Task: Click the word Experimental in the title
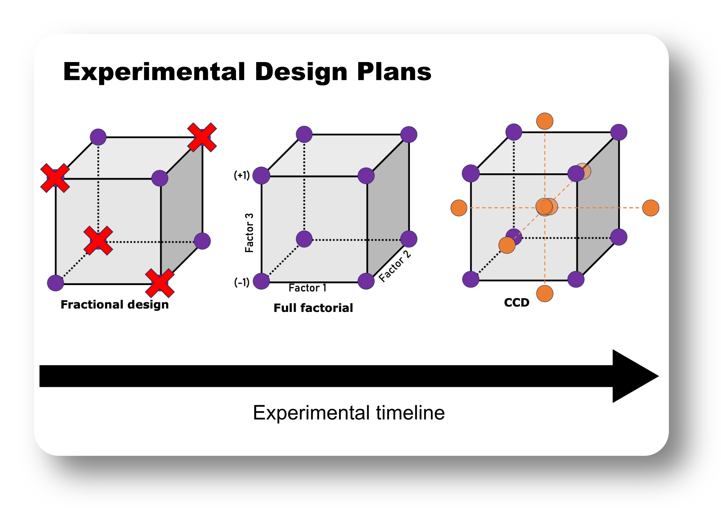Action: pos(154,72)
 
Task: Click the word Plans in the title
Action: pos(394,72)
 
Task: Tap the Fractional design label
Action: pos(115,305)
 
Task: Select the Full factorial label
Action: pos(313,308)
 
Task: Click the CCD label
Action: pos(516,303)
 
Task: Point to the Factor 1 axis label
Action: pos(307,288)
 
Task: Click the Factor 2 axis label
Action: pos(395,266)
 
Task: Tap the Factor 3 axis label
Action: pos(249,233)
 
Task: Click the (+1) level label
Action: pos(242,175)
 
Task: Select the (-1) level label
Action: pos(242,282)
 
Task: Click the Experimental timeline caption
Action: pos(349,413)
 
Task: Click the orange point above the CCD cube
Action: pos(545,121)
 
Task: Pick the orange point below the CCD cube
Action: pos(545,293)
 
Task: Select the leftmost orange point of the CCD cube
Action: pos(459,208)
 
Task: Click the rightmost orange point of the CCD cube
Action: pos(651,208)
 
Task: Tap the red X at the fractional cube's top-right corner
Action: pos(202,137)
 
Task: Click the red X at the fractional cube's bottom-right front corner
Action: pos(160,283)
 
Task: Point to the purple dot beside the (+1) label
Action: pos(261,175)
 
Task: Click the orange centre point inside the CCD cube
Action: pos(545,207)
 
